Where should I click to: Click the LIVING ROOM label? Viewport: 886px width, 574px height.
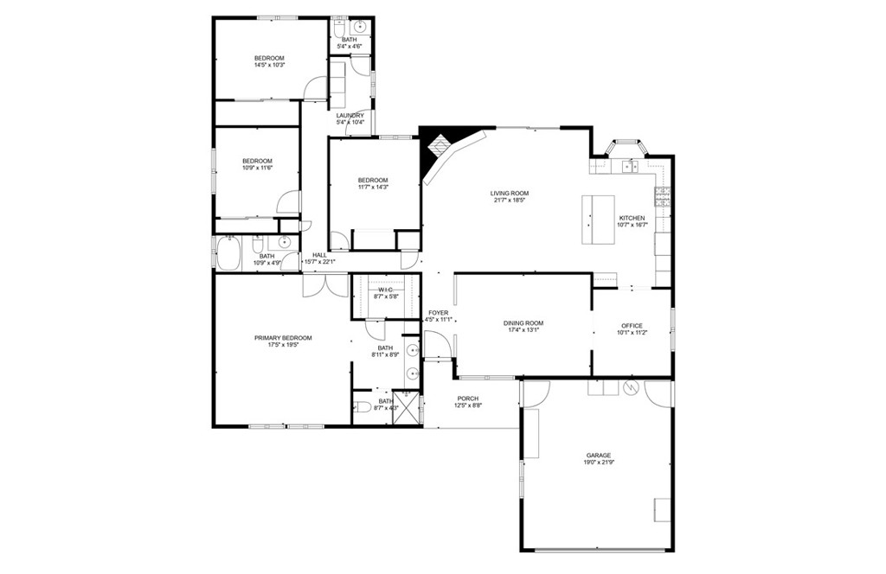[x=509, y=194]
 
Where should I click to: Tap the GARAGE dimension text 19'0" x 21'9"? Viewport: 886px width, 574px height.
[x=599, y=463]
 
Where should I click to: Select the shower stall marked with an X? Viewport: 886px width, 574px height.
[x=406, y=408]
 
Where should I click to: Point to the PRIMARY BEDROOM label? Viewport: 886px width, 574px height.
[x=283, y=338]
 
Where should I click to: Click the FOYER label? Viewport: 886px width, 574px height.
[x=438, y=313]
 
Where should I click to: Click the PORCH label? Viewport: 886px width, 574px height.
[x=467, y=399]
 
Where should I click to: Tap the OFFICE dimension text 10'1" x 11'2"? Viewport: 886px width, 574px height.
[x=632, y=332]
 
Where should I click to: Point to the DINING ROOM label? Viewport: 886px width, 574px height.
[x=523, y=323]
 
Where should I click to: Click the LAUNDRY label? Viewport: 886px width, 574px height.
[x=350, y=115]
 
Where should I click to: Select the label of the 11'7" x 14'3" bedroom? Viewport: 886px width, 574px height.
[x=373, y=180]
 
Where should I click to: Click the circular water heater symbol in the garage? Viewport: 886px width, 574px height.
[x=631, y=387]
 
